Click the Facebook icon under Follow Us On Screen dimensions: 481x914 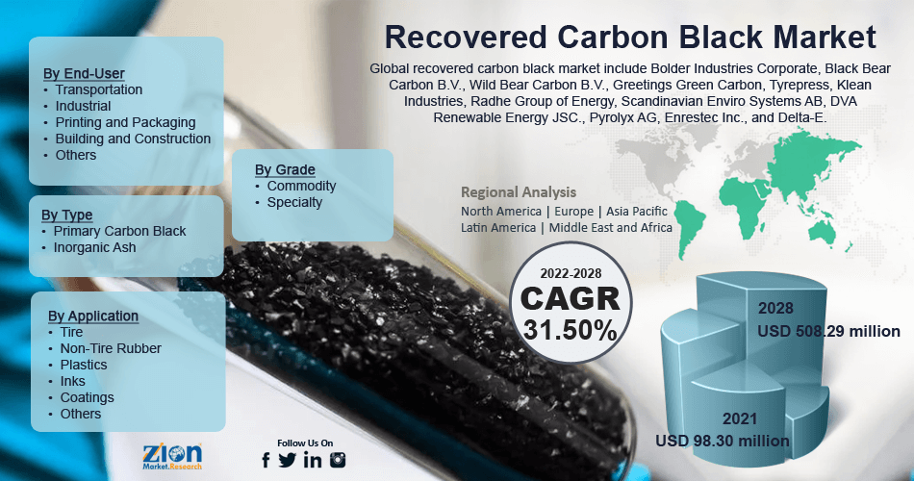pyautogui.click(x=267, y=460)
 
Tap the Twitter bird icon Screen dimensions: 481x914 pyautogui.click(x=288, y=460)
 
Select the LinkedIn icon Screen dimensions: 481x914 pyautogui.click(x=312, y=460)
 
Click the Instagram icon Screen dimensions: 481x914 pyautogui.click(x=338, y=460)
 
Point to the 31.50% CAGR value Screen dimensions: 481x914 pyautogui.click(x=571, y=330)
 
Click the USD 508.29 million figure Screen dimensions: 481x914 pyautogui.click(x=828, y=331)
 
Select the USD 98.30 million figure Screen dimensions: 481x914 pyautogui.click(x=723, y=441)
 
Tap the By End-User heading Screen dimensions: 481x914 pyautogui.click(x=84, y=73)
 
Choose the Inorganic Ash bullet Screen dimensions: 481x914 pyautogui.click(x=94, y=247)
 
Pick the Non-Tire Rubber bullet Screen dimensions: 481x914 pyautogui.click(x=110, y=348)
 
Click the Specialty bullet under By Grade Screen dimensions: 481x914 pyautogui.click(x=294, y=202)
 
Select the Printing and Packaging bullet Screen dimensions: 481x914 pyautogui.click(x=125, y=122)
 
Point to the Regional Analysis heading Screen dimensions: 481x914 pyautogui.click(x=519, y=191)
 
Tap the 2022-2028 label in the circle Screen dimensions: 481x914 pyautogui.click(x=569, y=274)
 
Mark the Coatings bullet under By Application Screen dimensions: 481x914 pyautogui.click(x=87, y=397)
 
